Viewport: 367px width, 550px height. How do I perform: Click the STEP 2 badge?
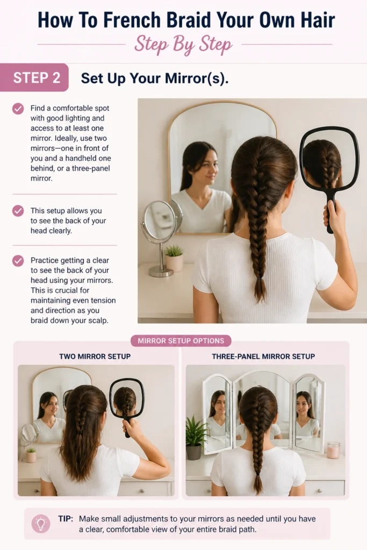click(34, 77)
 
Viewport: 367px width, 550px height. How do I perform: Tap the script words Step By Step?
click(183, 45)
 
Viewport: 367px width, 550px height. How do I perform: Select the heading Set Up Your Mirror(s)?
click(155, 78)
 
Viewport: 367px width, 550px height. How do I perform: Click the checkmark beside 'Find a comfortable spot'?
click(18, 108)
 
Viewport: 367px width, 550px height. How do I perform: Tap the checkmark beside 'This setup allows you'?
click(18, 211)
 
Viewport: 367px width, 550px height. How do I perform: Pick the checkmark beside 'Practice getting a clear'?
click(18, 261)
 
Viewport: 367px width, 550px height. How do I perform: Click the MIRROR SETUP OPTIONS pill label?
click(181, 341)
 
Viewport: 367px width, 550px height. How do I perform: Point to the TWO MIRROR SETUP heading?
click(95, 357)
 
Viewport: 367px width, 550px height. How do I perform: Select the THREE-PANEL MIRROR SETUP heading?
click(263, 357)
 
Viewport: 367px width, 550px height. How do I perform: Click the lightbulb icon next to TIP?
click(41, 524)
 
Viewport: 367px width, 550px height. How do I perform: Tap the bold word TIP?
click(66, 519)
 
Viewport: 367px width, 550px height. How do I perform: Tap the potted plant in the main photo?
click(174, 258)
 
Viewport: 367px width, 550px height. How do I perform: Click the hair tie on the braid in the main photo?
click(260, 278)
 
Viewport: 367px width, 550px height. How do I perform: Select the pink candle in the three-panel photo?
click(333, 450)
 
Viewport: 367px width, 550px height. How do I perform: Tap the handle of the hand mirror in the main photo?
click(330, 214)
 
